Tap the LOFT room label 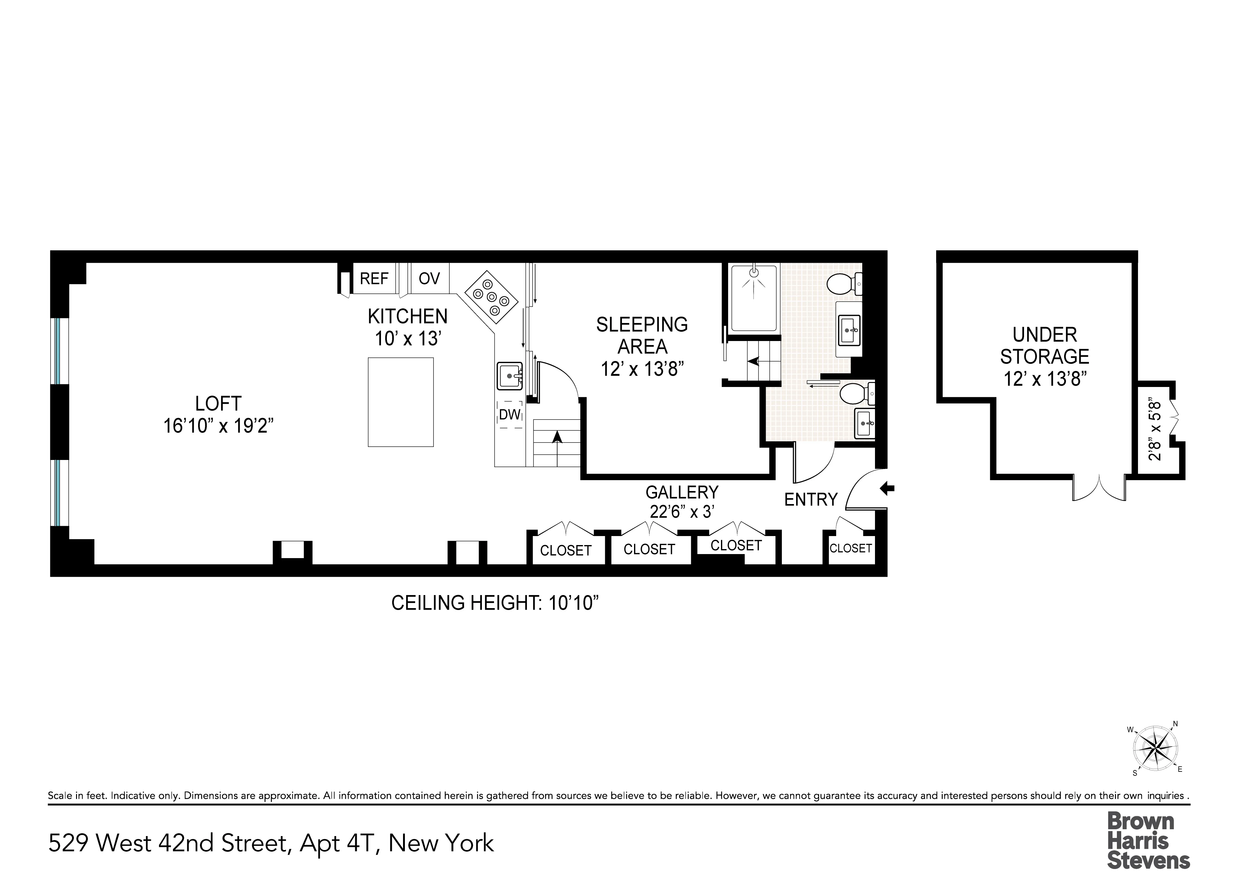coord(218,403)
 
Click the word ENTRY coord(810,499)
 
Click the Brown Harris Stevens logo coord(1148,839)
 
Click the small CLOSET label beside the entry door coord(850,548)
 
